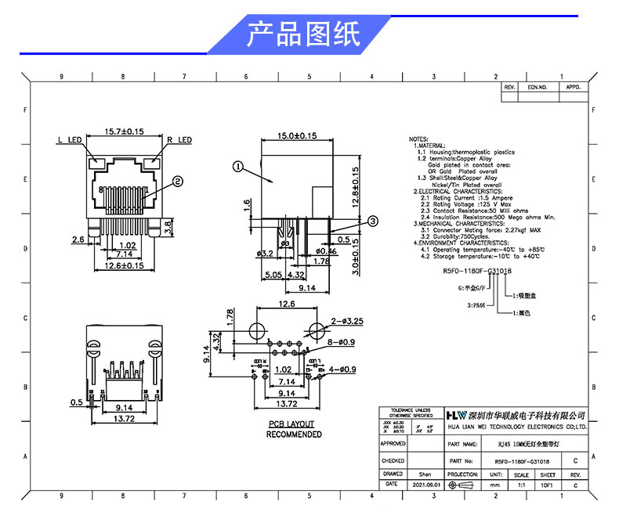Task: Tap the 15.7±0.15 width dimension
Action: pos(123,132)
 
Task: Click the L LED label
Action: pos(70,140)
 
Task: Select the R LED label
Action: pos(179,140)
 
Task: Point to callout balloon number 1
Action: pos(237,166)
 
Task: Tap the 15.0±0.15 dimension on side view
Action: pos(298,135)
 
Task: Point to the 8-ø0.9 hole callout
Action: pos(342,342)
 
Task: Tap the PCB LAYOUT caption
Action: pos(291,424)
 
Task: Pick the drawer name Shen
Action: pos(425,474)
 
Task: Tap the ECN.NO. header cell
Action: pos(537,88)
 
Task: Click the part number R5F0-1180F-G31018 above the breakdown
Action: pos(478,270)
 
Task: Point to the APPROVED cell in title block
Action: pos(393,443)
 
